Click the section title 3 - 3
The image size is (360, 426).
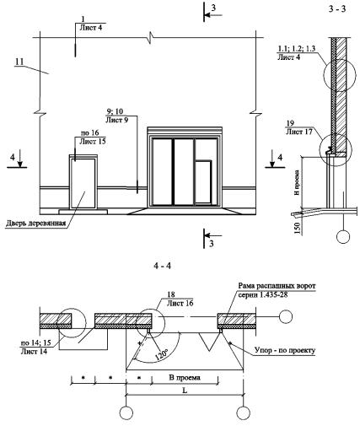[336, 9]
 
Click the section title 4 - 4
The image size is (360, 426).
[163, 266]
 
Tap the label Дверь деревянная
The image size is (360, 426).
[35, 224]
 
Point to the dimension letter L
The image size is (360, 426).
[185, 391]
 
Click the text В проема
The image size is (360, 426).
[185, 377]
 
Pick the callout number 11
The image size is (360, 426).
[19, 62]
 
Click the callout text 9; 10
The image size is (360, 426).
[115, 111]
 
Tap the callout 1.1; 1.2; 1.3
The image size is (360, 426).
[297, 48]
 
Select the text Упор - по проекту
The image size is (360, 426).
[284, 350]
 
